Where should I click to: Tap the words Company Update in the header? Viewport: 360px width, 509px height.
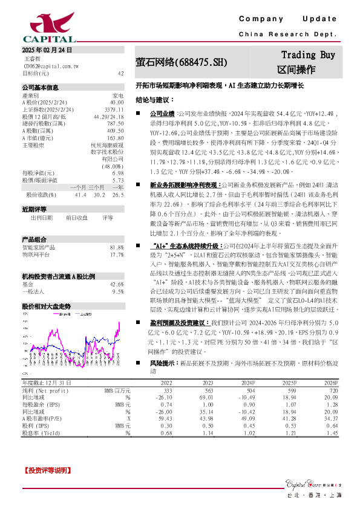click(x=288, y=19)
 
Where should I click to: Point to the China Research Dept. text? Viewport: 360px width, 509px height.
click(x=287, y=34)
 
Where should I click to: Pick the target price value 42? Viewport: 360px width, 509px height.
click(x=120, y=73)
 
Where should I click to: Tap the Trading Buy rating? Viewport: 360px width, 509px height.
click(x=308, y=55)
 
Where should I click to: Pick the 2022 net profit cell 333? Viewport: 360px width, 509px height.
click(x=168, y=392)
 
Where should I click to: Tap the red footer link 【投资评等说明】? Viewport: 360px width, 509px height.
click(x=47, y=470)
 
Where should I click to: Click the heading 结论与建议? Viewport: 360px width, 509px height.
click(x=155, y=100)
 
